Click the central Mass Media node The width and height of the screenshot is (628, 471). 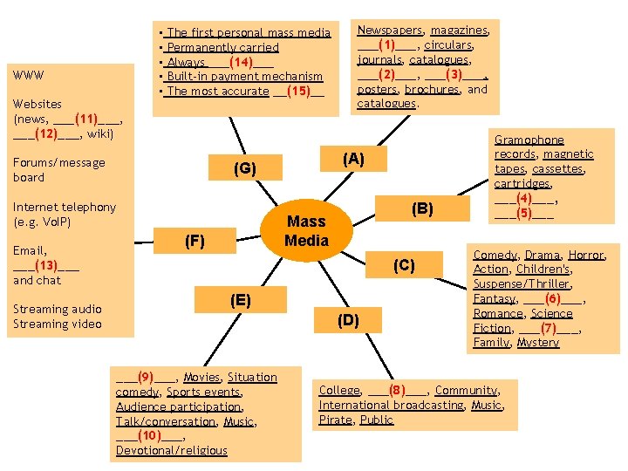click(x=306, y=230)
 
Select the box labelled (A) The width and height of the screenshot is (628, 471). click(x=353, y=159)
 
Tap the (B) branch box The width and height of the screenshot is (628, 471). click(x=422, y=208)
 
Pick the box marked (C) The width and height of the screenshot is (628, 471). click(x=404, y=265)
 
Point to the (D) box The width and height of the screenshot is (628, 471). click(x=348, y=320)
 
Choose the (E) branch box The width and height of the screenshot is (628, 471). click(x=241, y=300)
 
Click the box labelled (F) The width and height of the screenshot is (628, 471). click(x=195, y=241)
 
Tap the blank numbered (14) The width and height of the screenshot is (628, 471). click(x=241, y=62)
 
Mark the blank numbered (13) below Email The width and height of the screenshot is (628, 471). click(x=46, y=265)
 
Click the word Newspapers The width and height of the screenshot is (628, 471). click(x=390, y=30)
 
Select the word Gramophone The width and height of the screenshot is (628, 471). click(x=529, y=140)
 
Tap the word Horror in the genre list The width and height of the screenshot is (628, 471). click(x=586, y=255)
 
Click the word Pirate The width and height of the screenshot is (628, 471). click(x=336, y=420)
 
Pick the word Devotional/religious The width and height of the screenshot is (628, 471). click(x=171, y=450)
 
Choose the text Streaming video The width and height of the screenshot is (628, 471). click(x=58, y=324)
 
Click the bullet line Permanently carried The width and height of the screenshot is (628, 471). click(x=222, y=47)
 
